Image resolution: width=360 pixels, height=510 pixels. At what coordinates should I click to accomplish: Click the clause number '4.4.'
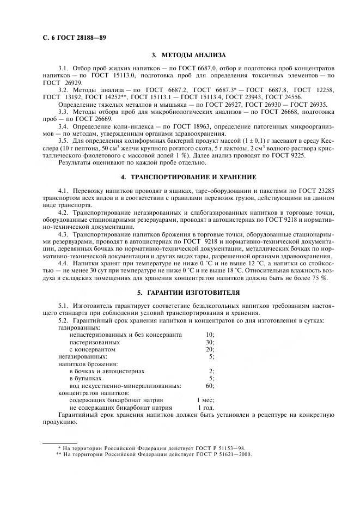coord(65,263)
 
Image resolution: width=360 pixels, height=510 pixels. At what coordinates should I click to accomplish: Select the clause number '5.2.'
coord(65,321)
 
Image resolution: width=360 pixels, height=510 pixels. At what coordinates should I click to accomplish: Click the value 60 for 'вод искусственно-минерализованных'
coord(210,385)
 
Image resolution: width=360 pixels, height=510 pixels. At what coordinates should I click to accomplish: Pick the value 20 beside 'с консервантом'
coord(210,349)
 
